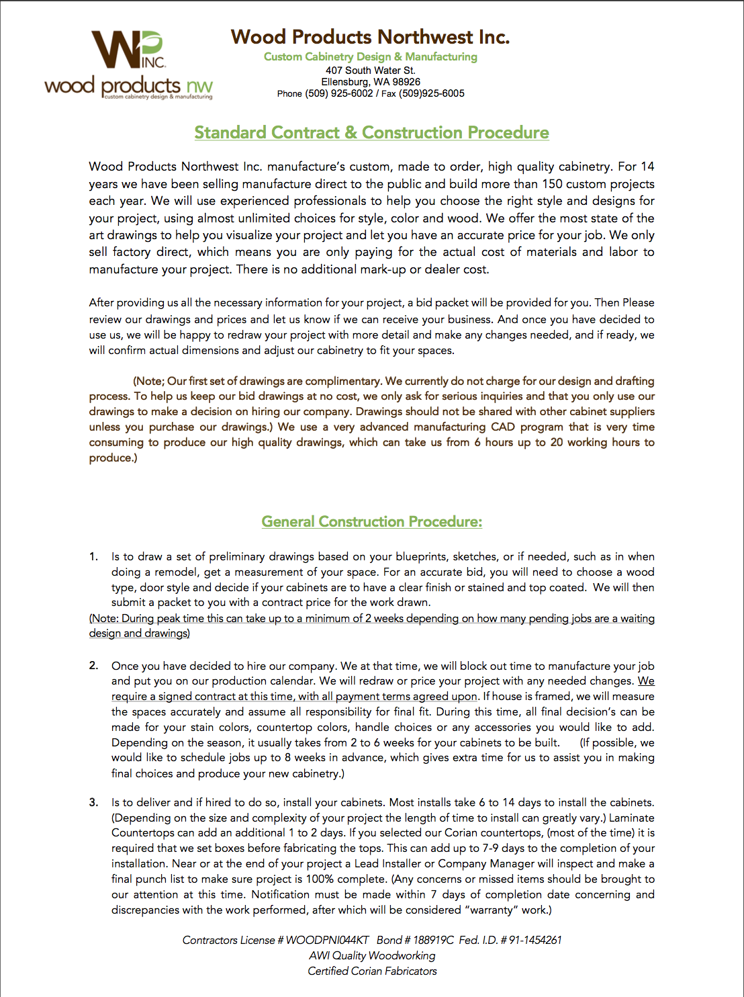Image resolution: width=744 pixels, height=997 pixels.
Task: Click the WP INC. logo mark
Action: (128, 50)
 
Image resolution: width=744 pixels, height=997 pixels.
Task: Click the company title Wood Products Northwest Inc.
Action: (370, 37)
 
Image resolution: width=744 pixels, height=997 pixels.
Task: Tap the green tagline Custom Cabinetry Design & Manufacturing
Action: (370, 57)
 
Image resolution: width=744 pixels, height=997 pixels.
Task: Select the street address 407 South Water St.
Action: (370, 71)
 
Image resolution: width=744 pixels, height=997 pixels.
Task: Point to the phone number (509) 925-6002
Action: (338, 94)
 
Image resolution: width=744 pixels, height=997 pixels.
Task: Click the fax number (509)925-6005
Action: (432, 94)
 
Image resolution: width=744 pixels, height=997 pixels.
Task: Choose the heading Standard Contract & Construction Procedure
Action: (371, 133)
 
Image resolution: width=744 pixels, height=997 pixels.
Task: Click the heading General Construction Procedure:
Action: (371, 522)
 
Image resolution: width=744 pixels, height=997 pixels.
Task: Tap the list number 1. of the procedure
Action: (94, 557)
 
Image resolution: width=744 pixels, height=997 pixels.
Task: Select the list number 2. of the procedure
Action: (94, 666)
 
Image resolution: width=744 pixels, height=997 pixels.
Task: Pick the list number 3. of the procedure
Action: (94, 802)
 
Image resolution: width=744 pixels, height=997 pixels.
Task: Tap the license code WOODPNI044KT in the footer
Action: (327, 941)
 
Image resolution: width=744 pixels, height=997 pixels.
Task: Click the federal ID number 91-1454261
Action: (534, 941)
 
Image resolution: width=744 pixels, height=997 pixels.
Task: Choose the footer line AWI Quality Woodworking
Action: (372, 956)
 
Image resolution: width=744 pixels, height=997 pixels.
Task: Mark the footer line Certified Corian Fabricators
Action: (372, 971)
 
